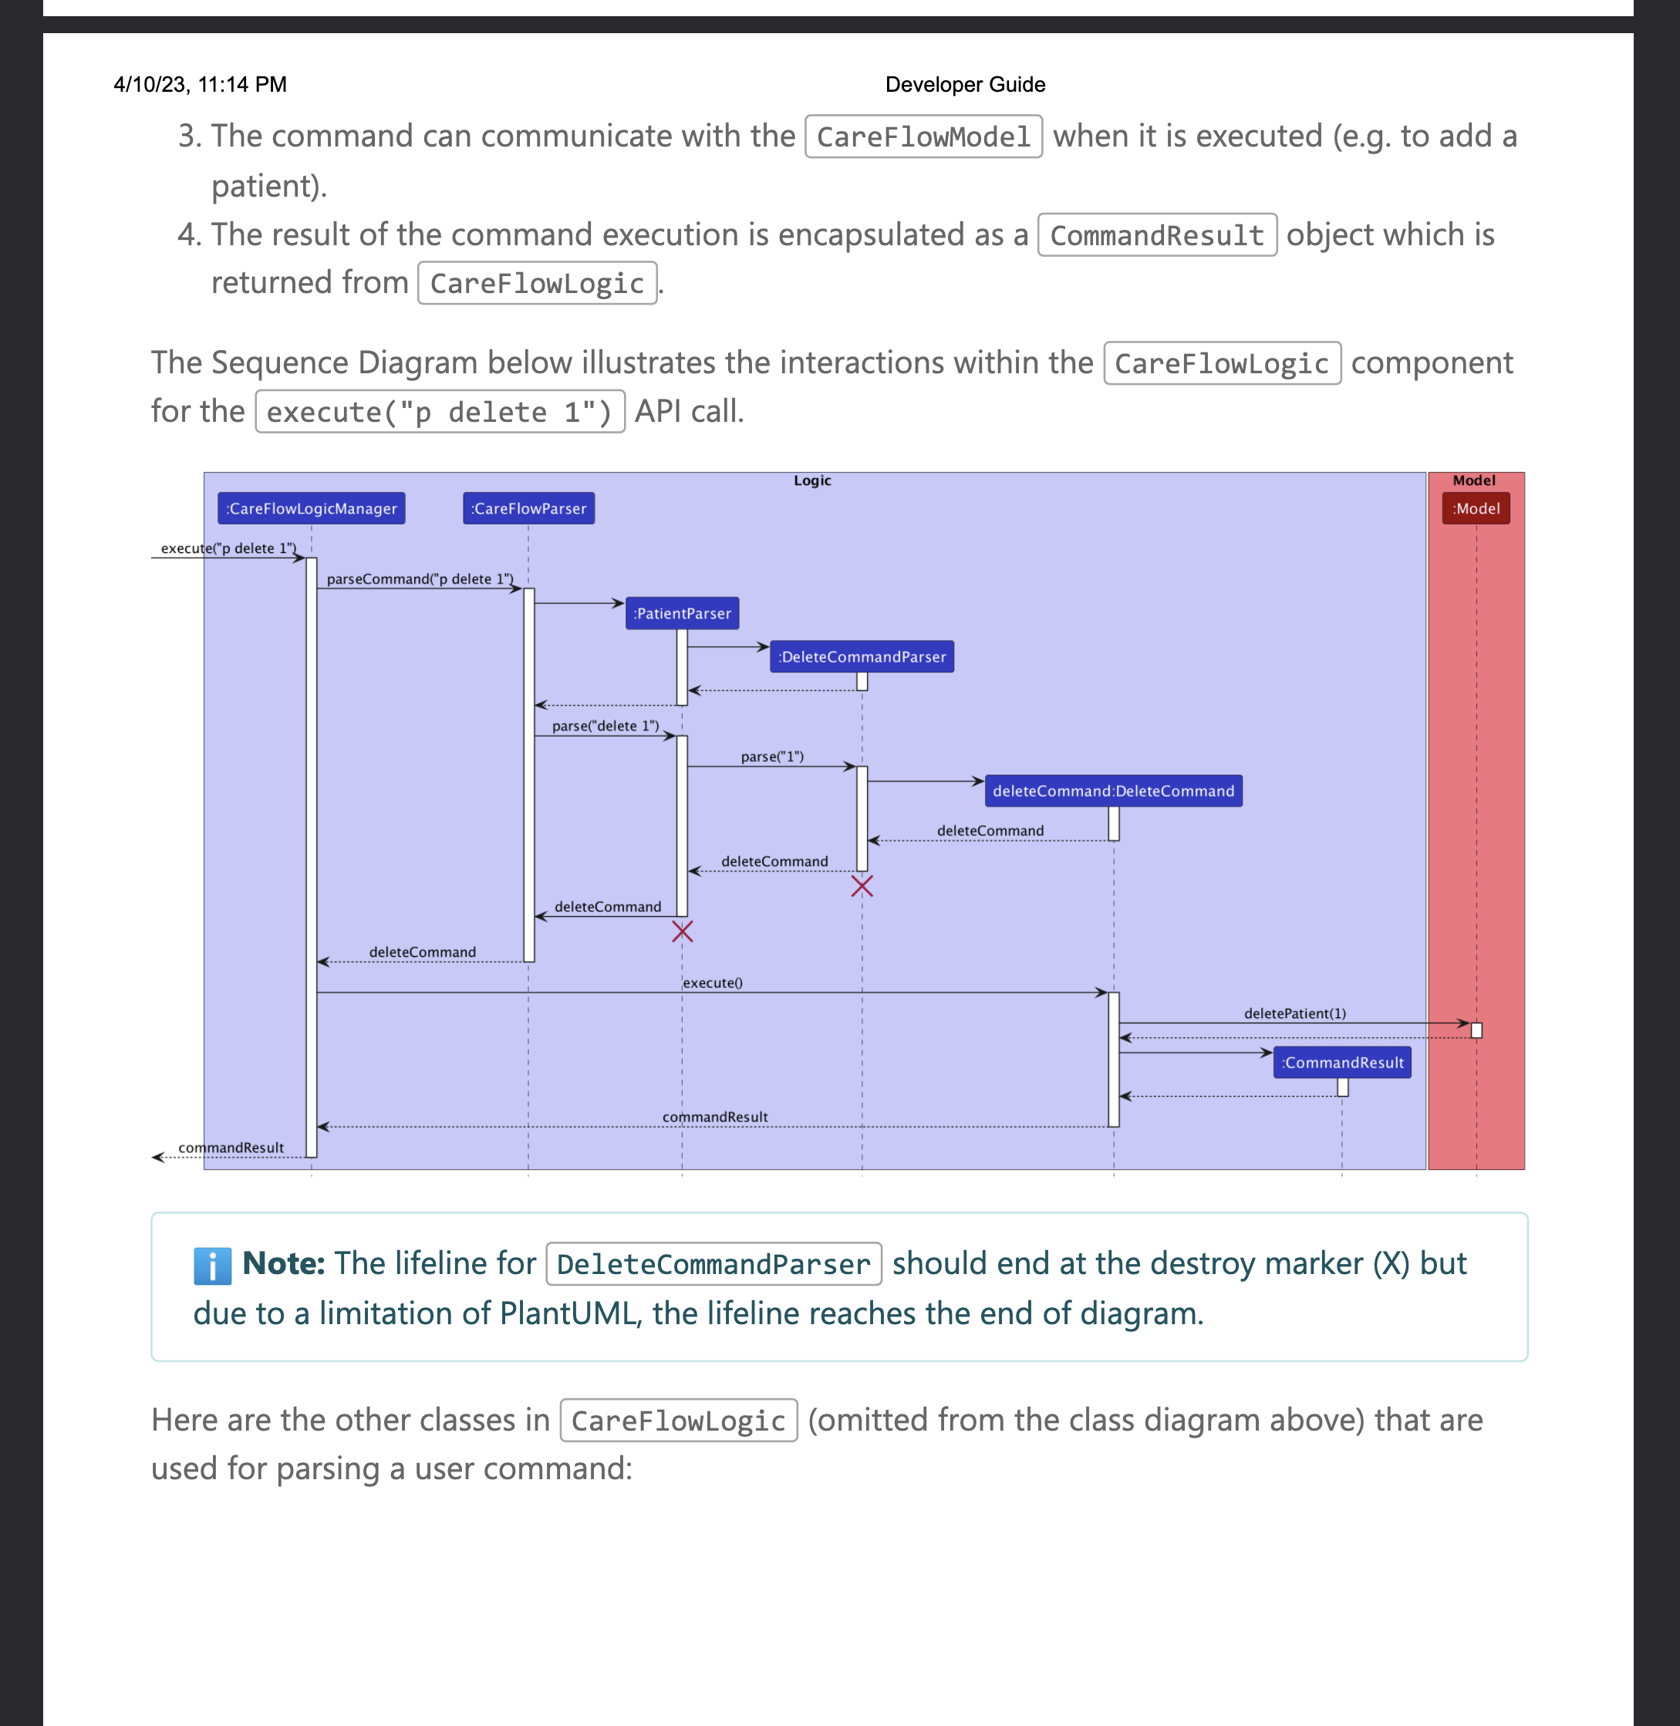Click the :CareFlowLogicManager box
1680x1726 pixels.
click(311, 508)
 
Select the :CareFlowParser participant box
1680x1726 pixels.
click(528, 508)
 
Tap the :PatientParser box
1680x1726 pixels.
click(682, 613)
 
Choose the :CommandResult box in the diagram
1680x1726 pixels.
click(1341, 1063)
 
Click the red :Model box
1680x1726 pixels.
click(1476, 508)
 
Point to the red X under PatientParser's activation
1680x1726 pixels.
click(682, 931)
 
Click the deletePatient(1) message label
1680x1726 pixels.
click(1294, 1013)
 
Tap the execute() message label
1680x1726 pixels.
click(712, 982)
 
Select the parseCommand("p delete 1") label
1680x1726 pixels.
click(419, 579)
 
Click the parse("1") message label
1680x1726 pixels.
click(772, 757)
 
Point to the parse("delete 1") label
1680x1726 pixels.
click(606, 726)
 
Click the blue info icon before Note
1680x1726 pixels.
click(212, 1266)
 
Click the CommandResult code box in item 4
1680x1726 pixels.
click(1156, 234)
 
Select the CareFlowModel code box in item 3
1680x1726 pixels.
click(923, 137)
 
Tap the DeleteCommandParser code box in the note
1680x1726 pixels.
click(713, 1263)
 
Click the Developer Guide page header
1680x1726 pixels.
click(964, 85)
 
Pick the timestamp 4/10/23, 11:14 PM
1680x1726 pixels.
click(201, 85)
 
